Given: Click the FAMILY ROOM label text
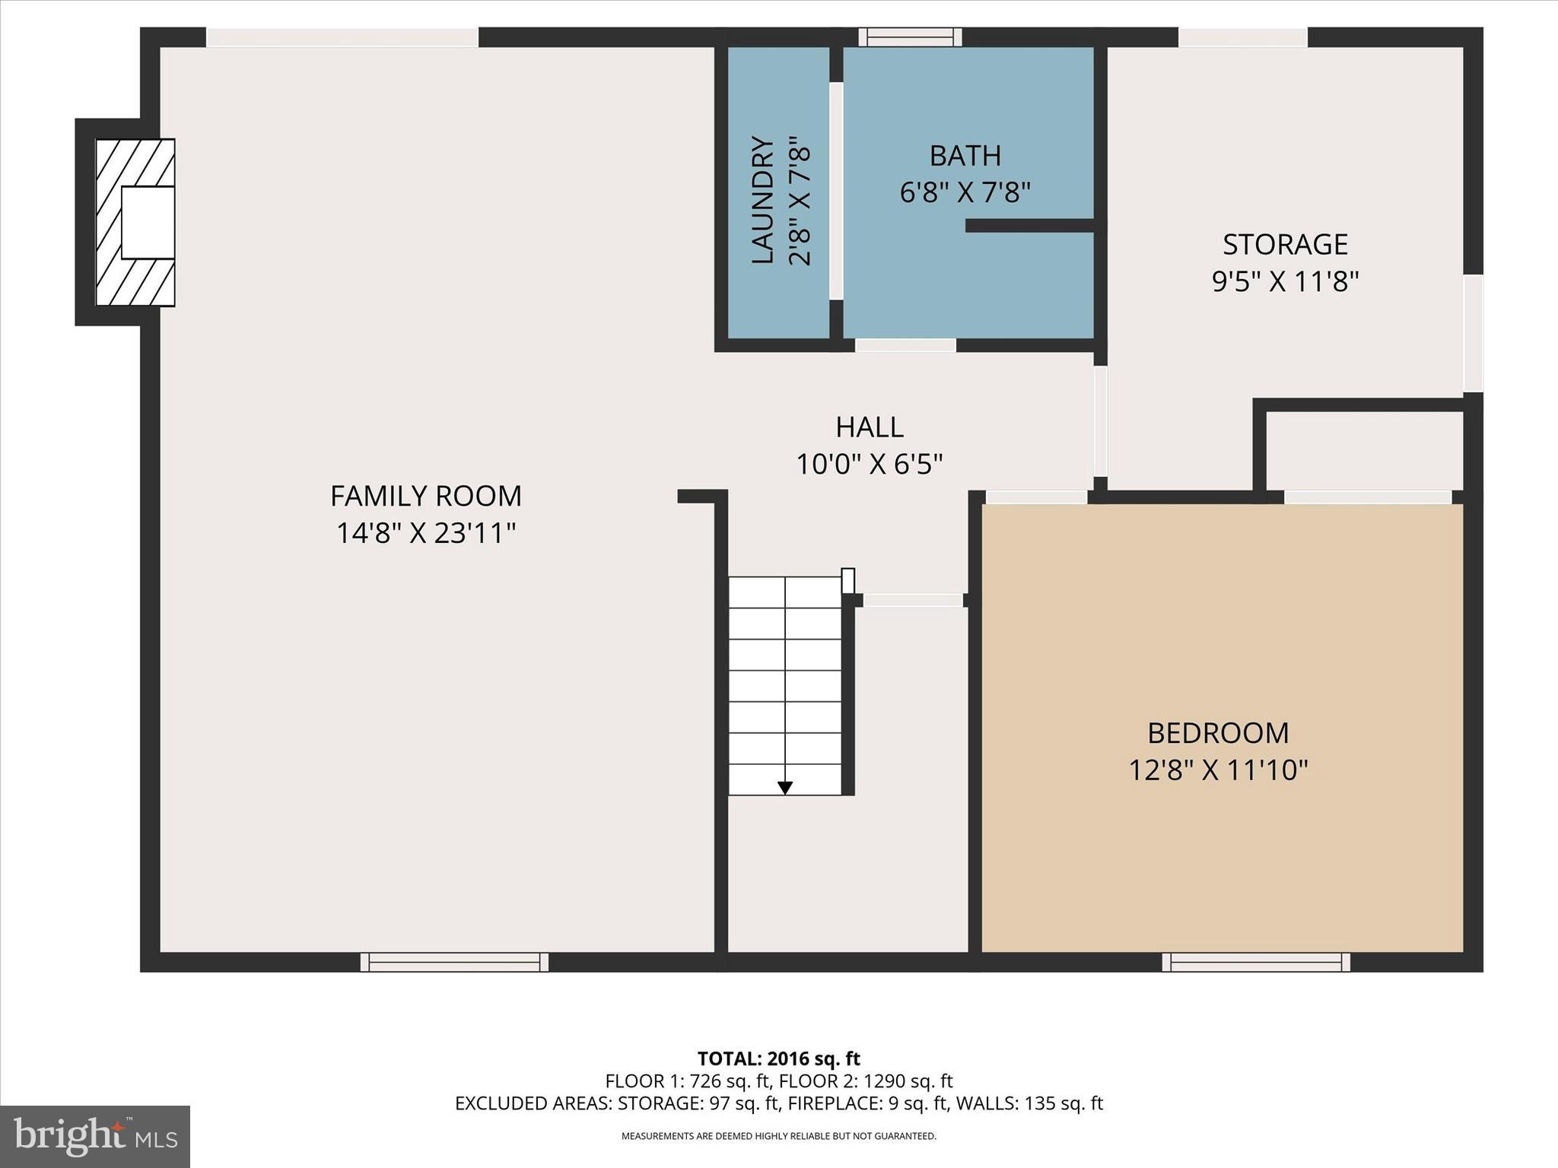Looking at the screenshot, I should point(425,497).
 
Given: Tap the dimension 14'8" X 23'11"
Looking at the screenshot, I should point(425,534).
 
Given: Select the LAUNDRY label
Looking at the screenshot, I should point(762,200).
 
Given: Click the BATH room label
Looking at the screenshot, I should point(965,156).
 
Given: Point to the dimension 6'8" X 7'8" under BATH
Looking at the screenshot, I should point(965,193).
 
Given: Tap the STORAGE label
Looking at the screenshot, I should point(1285,245).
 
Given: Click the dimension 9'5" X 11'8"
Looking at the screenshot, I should point(1285,282).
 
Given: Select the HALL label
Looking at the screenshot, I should point(869,427).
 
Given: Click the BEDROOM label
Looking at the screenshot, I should point(1217,734).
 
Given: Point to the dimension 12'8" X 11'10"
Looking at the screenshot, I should point(1217,771).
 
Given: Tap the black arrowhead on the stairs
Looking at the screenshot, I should point(785,789).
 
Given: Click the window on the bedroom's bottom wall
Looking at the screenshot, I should point(1255,962).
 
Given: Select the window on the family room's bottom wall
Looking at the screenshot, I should point(454,962).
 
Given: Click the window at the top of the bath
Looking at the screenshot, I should point(910,36).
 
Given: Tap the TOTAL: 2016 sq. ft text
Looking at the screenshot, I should point(778,1058).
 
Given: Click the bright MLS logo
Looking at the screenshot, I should point(94,1136).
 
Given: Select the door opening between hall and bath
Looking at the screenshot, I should point(905,345).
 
